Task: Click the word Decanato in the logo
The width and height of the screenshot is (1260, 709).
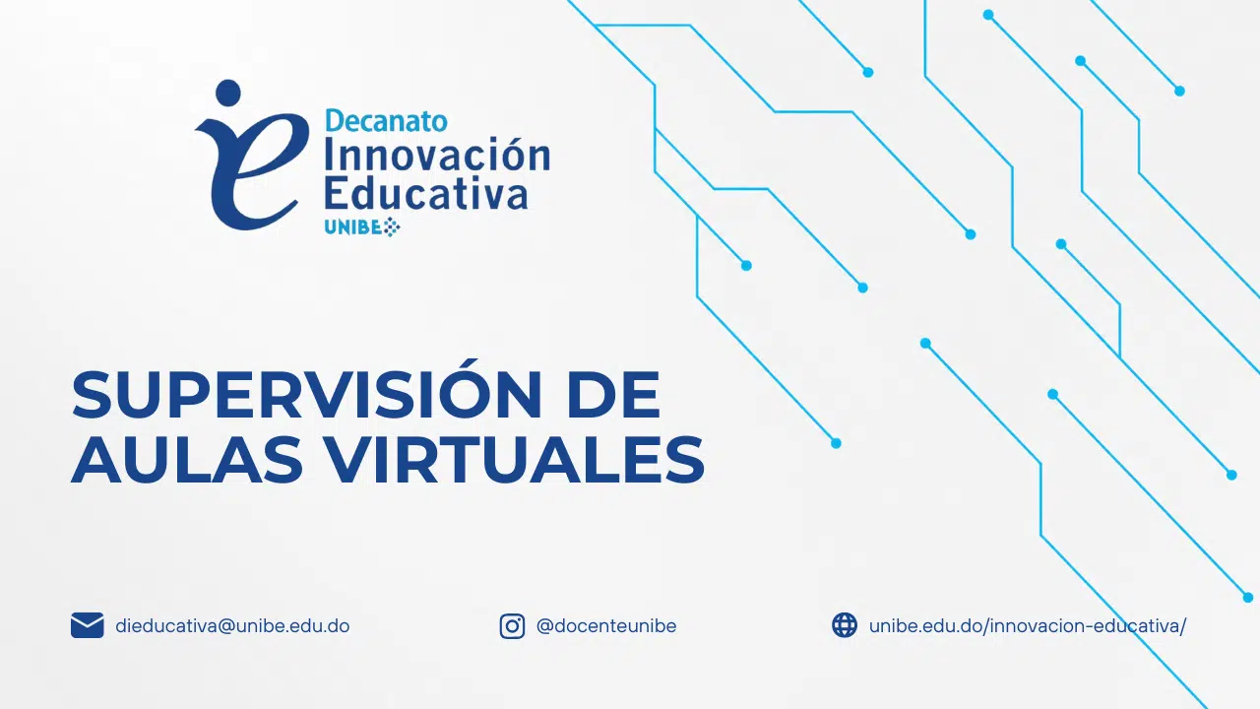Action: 387,121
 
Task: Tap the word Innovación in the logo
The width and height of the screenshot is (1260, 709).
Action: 438,155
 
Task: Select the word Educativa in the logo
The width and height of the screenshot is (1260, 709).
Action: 426,193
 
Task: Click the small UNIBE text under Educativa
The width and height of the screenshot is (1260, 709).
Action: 353,227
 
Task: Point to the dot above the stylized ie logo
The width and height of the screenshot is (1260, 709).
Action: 227,93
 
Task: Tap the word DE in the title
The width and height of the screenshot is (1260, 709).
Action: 613,395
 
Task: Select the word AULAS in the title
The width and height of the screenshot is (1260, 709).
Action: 187,459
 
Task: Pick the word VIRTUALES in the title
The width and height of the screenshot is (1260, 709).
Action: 516,459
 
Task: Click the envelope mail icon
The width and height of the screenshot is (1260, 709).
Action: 88,625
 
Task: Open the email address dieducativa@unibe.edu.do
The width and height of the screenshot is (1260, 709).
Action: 232,625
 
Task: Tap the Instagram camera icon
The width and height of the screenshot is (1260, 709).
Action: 512,625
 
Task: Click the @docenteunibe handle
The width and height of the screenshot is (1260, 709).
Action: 606,625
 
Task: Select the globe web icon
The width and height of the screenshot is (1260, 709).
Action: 845,625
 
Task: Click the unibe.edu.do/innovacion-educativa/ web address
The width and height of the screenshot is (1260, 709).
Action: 1028,625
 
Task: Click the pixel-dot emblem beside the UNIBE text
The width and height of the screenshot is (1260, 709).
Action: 392,227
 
